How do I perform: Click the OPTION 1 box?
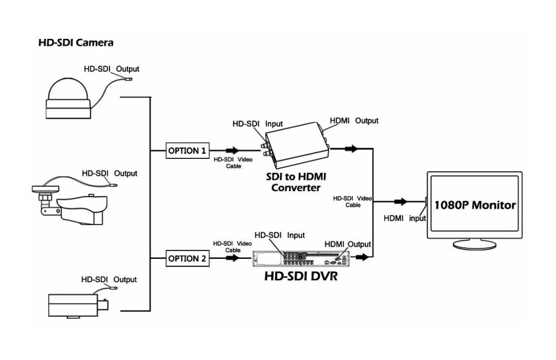click(x=187, y=151)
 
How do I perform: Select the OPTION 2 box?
click(x=187, y=258)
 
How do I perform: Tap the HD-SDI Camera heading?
click(x=76, y=43)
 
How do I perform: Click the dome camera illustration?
click(x=68, y=98)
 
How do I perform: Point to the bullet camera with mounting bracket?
click(x=69, y=206)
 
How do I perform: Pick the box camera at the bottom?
click(x=78, y=306)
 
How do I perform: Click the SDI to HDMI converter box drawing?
click(x=296, y=145)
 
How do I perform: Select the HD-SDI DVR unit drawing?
click(x=301, y=259)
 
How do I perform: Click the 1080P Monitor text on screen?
click(x=475, y=205)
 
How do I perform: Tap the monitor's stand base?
click(x=475, y=244)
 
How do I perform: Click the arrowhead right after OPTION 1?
click(x=232, y=151)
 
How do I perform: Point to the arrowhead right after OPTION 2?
click(x=232, y=258)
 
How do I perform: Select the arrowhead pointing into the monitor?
click(x=401, y=202)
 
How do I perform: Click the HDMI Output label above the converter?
click(x=354, y=121)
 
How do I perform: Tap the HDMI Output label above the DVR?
click(x=348, y=244)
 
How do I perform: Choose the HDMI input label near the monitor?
click(x=405, y=218)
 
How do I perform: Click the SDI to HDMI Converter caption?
click(x=296, y=182)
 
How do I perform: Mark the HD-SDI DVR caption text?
click(x=301, y=276)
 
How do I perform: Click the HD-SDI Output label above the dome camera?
click(x=111, y=69)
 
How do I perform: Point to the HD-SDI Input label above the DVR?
click(x=280, y=235)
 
